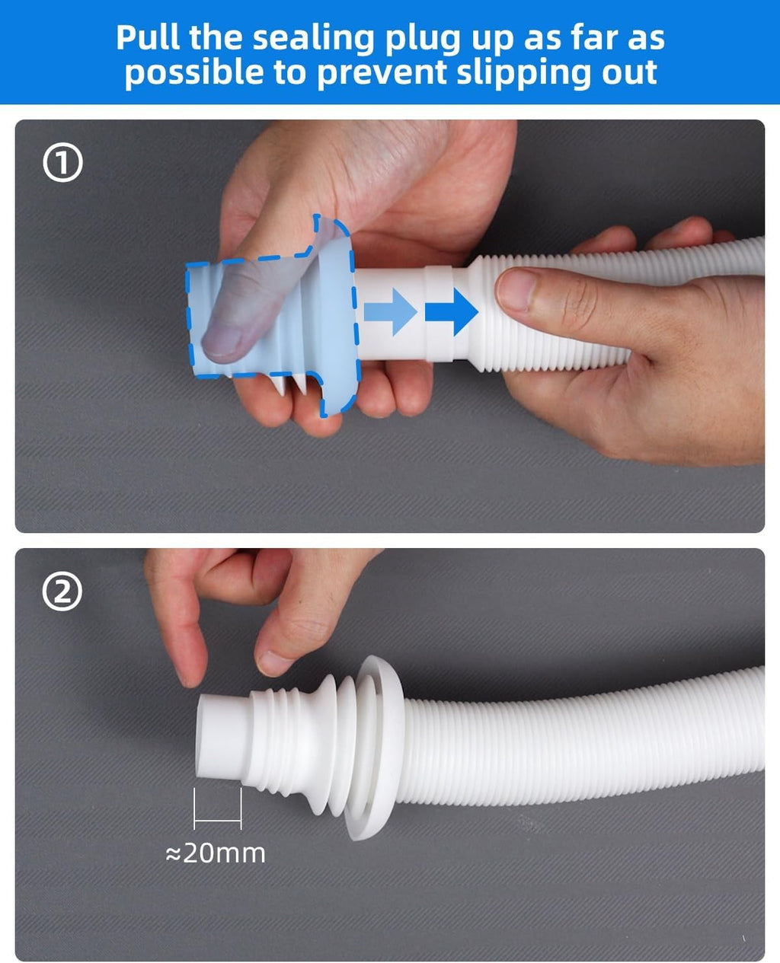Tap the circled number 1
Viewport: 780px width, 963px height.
pos(62,164)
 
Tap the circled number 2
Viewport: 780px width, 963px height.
pos(62,592)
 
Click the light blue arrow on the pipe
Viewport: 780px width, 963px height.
pos(389,312)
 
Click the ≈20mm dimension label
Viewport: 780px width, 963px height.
pos(216,853)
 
